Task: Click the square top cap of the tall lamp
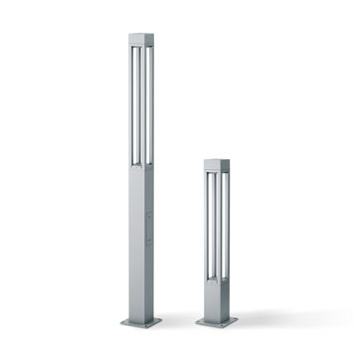pyautogui.click(x=142, y=40)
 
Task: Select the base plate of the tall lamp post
pyautogui.click(x=142, y=321)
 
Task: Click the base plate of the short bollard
pyautogui.click(x=216, y=321)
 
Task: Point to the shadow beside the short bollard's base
pyautogui.click(x=254, y=322)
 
